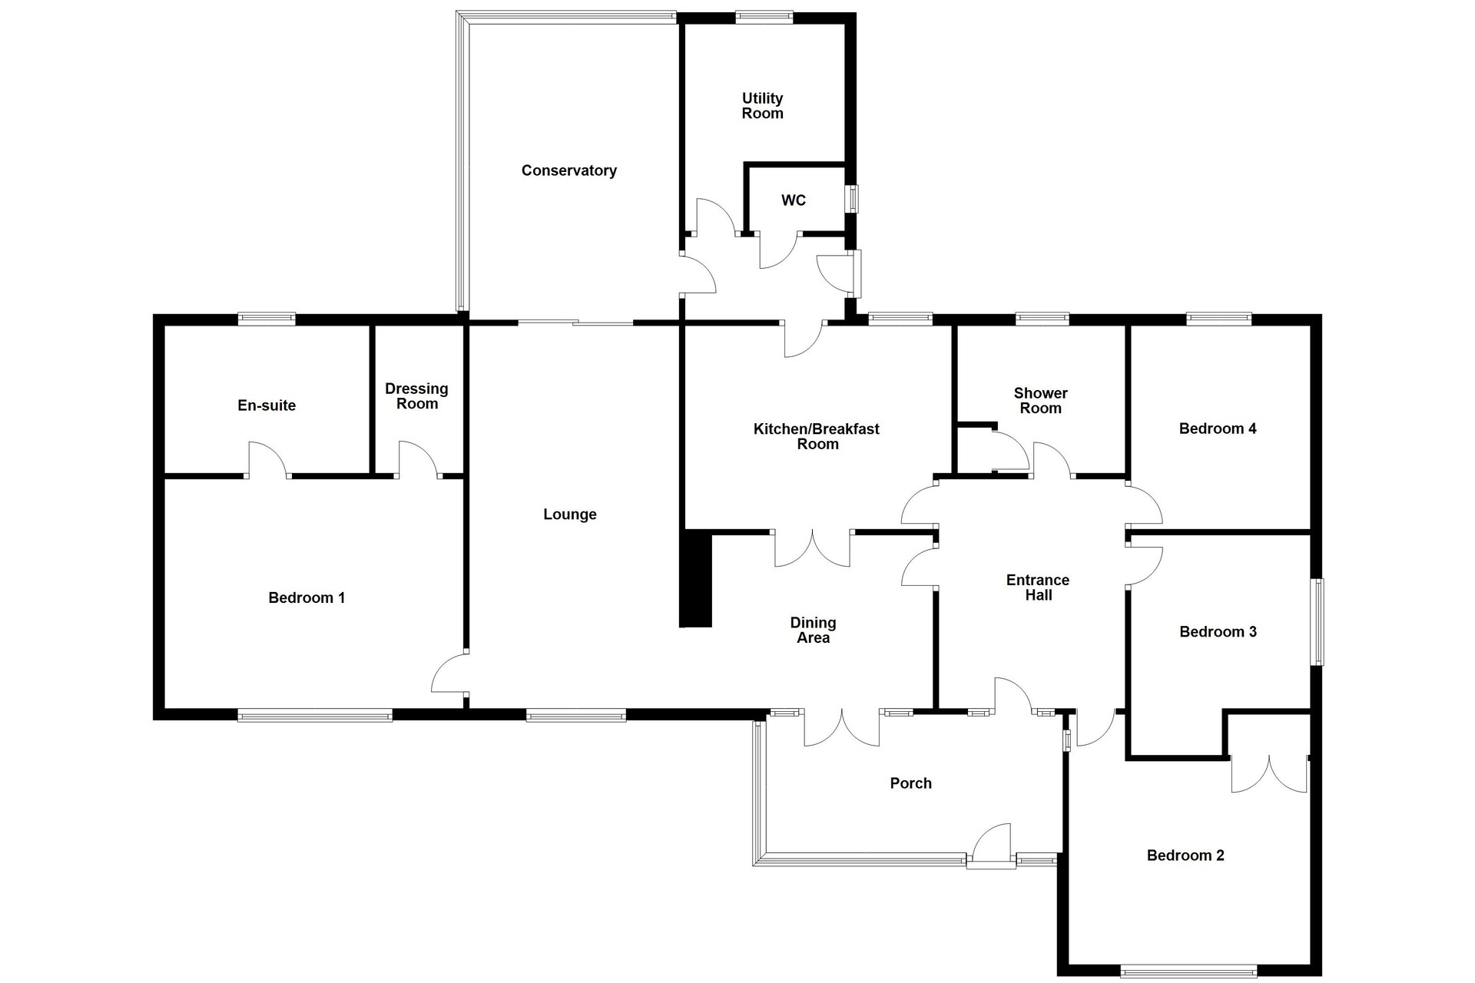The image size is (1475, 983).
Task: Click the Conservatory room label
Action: click(x=568, y=170)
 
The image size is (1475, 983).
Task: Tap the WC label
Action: click(x=794, y=200)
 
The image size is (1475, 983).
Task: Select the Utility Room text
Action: click(x=762, y=106)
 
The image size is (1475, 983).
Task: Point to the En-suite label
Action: click(x=267, y=405)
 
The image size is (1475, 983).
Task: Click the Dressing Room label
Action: click(x=416, y=396)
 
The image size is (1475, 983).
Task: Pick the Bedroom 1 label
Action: click(x=307, y=597)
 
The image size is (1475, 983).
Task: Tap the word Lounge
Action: click(x=569, y=515)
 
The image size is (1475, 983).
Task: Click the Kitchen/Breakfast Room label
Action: click(x=817, y=436)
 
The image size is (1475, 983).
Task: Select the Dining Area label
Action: click(x=813, y=631)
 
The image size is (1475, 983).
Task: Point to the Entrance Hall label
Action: click(x=1038, y=587)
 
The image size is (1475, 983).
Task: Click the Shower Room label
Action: click(x=1040, y=401)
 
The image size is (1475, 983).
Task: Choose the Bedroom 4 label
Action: click(x=1218, y=429)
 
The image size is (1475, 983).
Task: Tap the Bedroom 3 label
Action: click(x=1218, y=632)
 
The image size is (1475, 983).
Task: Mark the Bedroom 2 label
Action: click(x=1185, y=856)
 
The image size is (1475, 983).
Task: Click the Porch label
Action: click(x=910, y=783)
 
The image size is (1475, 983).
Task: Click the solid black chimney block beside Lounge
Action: click(x=696, y=580)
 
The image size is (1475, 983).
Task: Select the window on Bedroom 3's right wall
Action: click(x=1318, y=621)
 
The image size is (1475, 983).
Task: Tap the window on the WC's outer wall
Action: click(x=852, y=198)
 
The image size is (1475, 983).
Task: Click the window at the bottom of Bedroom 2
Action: click(x=1188, y=971)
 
